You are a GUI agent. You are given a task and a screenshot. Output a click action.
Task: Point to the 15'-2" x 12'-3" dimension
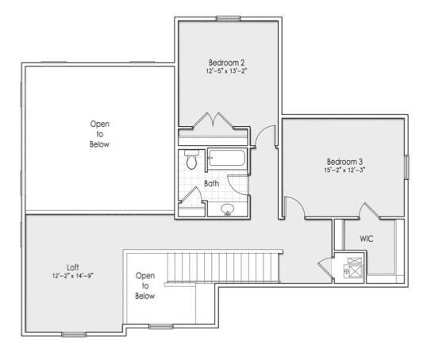(344, 170)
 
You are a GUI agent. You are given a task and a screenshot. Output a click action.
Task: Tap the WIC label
(367, 238)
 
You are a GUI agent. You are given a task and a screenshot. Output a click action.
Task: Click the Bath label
(211, 183)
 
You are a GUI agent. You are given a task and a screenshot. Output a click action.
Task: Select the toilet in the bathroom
(190, 161)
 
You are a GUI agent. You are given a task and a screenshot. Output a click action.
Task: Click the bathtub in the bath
(228, 159)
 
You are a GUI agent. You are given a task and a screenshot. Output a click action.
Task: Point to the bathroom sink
(227, 209)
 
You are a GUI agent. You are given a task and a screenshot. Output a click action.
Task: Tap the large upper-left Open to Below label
(100, 134)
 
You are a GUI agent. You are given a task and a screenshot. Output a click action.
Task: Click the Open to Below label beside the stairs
(144, 285)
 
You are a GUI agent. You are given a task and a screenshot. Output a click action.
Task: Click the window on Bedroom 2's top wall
(228, 18)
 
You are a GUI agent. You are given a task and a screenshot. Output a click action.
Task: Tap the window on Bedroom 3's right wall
(407, 168)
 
